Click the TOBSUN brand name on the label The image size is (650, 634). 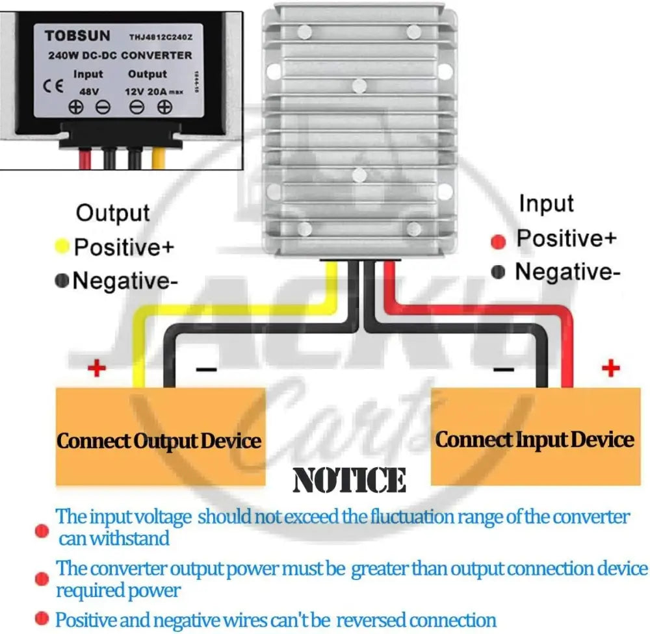click(77, 35)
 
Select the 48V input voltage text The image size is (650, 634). click(88, 92)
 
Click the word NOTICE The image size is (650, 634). click(350, 481)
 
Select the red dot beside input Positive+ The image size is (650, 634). click(499, 242)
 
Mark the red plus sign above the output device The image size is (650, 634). click(96, 369)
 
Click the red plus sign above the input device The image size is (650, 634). click(610, 368)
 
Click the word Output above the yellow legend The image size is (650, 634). click(112, 213)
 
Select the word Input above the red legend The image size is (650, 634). click(546, 204)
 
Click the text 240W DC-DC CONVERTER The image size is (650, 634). click(120, 55)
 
